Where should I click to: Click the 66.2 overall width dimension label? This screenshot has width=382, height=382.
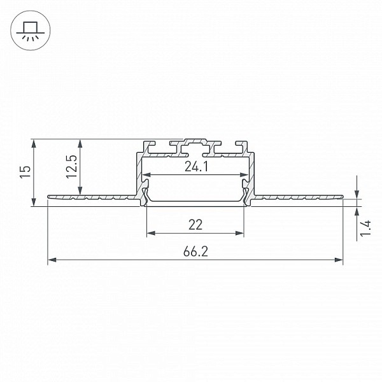tap(195, 251)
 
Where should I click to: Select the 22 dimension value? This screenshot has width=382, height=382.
tap(195, 225)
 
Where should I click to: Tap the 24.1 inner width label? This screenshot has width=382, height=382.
tap(196, 167)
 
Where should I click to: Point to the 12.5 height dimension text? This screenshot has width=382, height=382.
tap(72, 167)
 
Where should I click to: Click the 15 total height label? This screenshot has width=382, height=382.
tap(25, 172)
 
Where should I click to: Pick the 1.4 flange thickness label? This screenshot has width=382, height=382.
tap(366, 229)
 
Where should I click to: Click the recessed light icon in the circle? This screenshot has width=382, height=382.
tap(31, 31)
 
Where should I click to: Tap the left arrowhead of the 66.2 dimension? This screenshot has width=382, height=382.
tap(52, 260)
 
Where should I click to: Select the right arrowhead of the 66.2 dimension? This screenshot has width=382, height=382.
tap(339, 260)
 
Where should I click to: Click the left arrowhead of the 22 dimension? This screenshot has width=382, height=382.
tap(151, 233)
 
